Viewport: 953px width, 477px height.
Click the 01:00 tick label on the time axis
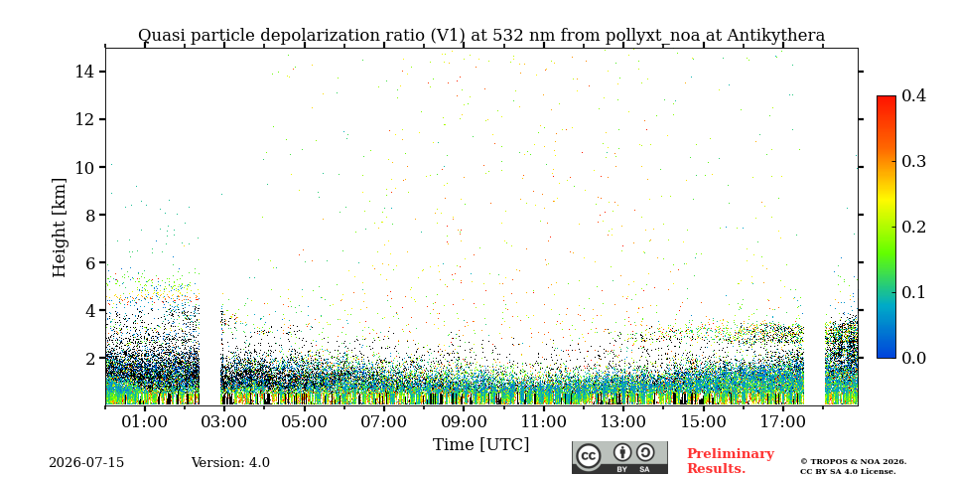point(145,421)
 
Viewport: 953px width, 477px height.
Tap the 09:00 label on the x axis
point(464,421)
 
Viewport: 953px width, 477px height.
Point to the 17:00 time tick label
point(782,421)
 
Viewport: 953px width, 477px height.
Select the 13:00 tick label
point(623,421)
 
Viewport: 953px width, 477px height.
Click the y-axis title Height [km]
point(59,228)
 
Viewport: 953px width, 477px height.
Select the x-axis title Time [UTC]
point(480,445)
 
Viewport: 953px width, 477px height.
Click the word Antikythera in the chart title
point(775,36)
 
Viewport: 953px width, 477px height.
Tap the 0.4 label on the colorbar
point(913,95)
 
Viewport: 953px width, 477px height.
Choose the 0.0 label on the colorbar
point(913,358)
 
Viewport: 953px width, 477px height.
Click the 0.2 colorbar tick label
point(913,227)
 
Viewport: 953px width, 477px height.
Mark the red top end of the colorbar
point(886,97)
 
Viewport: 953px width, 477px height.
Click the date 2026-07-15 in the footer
point(86,463)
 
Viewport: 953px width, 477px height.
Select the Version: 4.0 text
point(230,463)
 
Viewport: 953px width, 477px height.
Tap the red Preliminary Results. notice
point(731,461)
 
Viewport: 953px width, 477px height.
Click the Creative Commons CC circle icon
point(588,457)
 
